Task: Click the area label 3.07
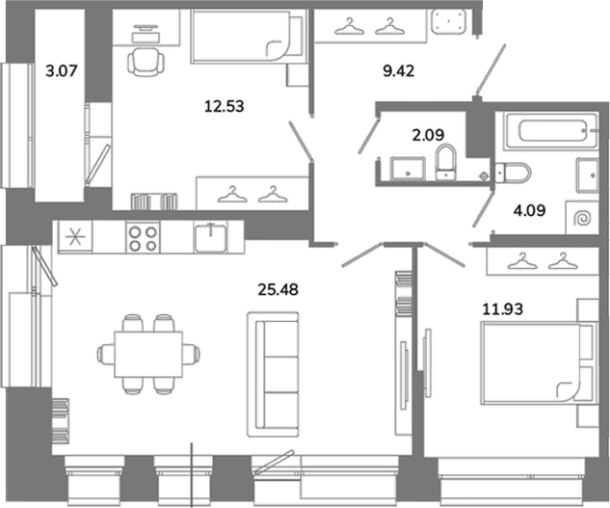(x=62, y=71)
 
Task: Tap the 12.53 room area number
(x=225, y=106)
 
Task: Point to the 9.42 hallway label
(x=398, y=71)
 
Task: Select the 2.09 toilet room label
(x=428, y=135)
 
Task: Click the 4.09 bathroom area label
(x=529, y=210)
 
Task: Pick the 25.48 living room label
(x=278, y=289)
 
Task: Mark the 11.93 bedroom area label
(x=503, y=309)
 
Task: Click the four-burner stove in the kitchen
(x=143, y=237)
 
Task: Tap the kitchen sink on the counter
(x=210, y=237)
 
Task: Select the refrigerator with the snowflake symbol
(x=75, y=237)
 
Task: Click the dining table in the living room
(x=148, y=354)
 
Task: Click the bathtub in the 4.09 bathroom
(x=550, y=131)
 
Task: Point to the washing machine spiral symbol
(x=582, y=218)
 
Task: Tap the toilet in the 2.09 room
(x=445, y=162)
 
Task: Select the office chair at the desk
(x=146, y=62)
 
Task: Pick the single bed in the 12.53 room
(x=246, y=36)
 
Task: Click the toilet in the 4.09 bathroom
(x=513, y=174)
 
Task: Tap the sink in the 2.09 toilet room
(x=408, y=169)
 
